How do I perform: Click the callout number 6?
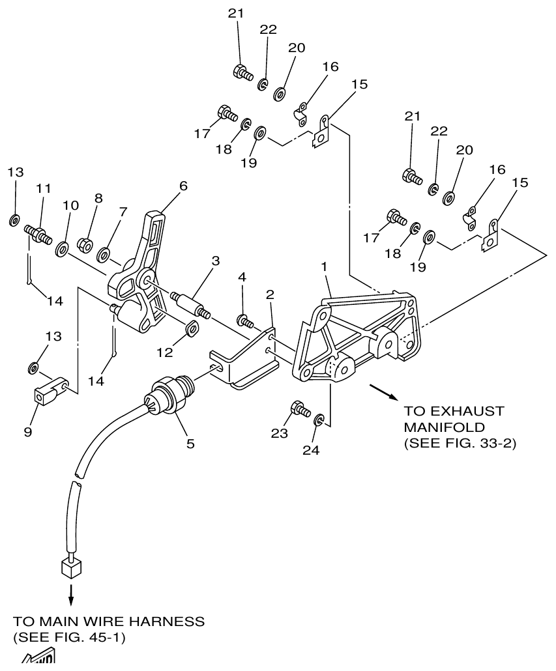183,186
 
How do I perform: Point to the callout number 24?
311,450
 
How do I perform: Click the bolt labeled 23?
300,409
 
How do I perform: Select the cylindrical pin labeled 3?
190,305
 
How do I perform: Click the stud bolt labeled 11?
38,233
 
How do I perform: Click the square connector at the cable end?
70,567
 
